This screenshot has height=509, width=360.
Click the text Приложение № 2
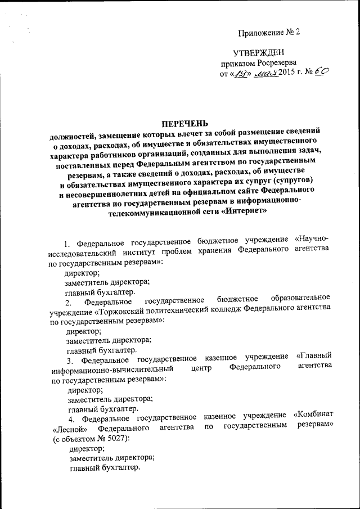[269, 31]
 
